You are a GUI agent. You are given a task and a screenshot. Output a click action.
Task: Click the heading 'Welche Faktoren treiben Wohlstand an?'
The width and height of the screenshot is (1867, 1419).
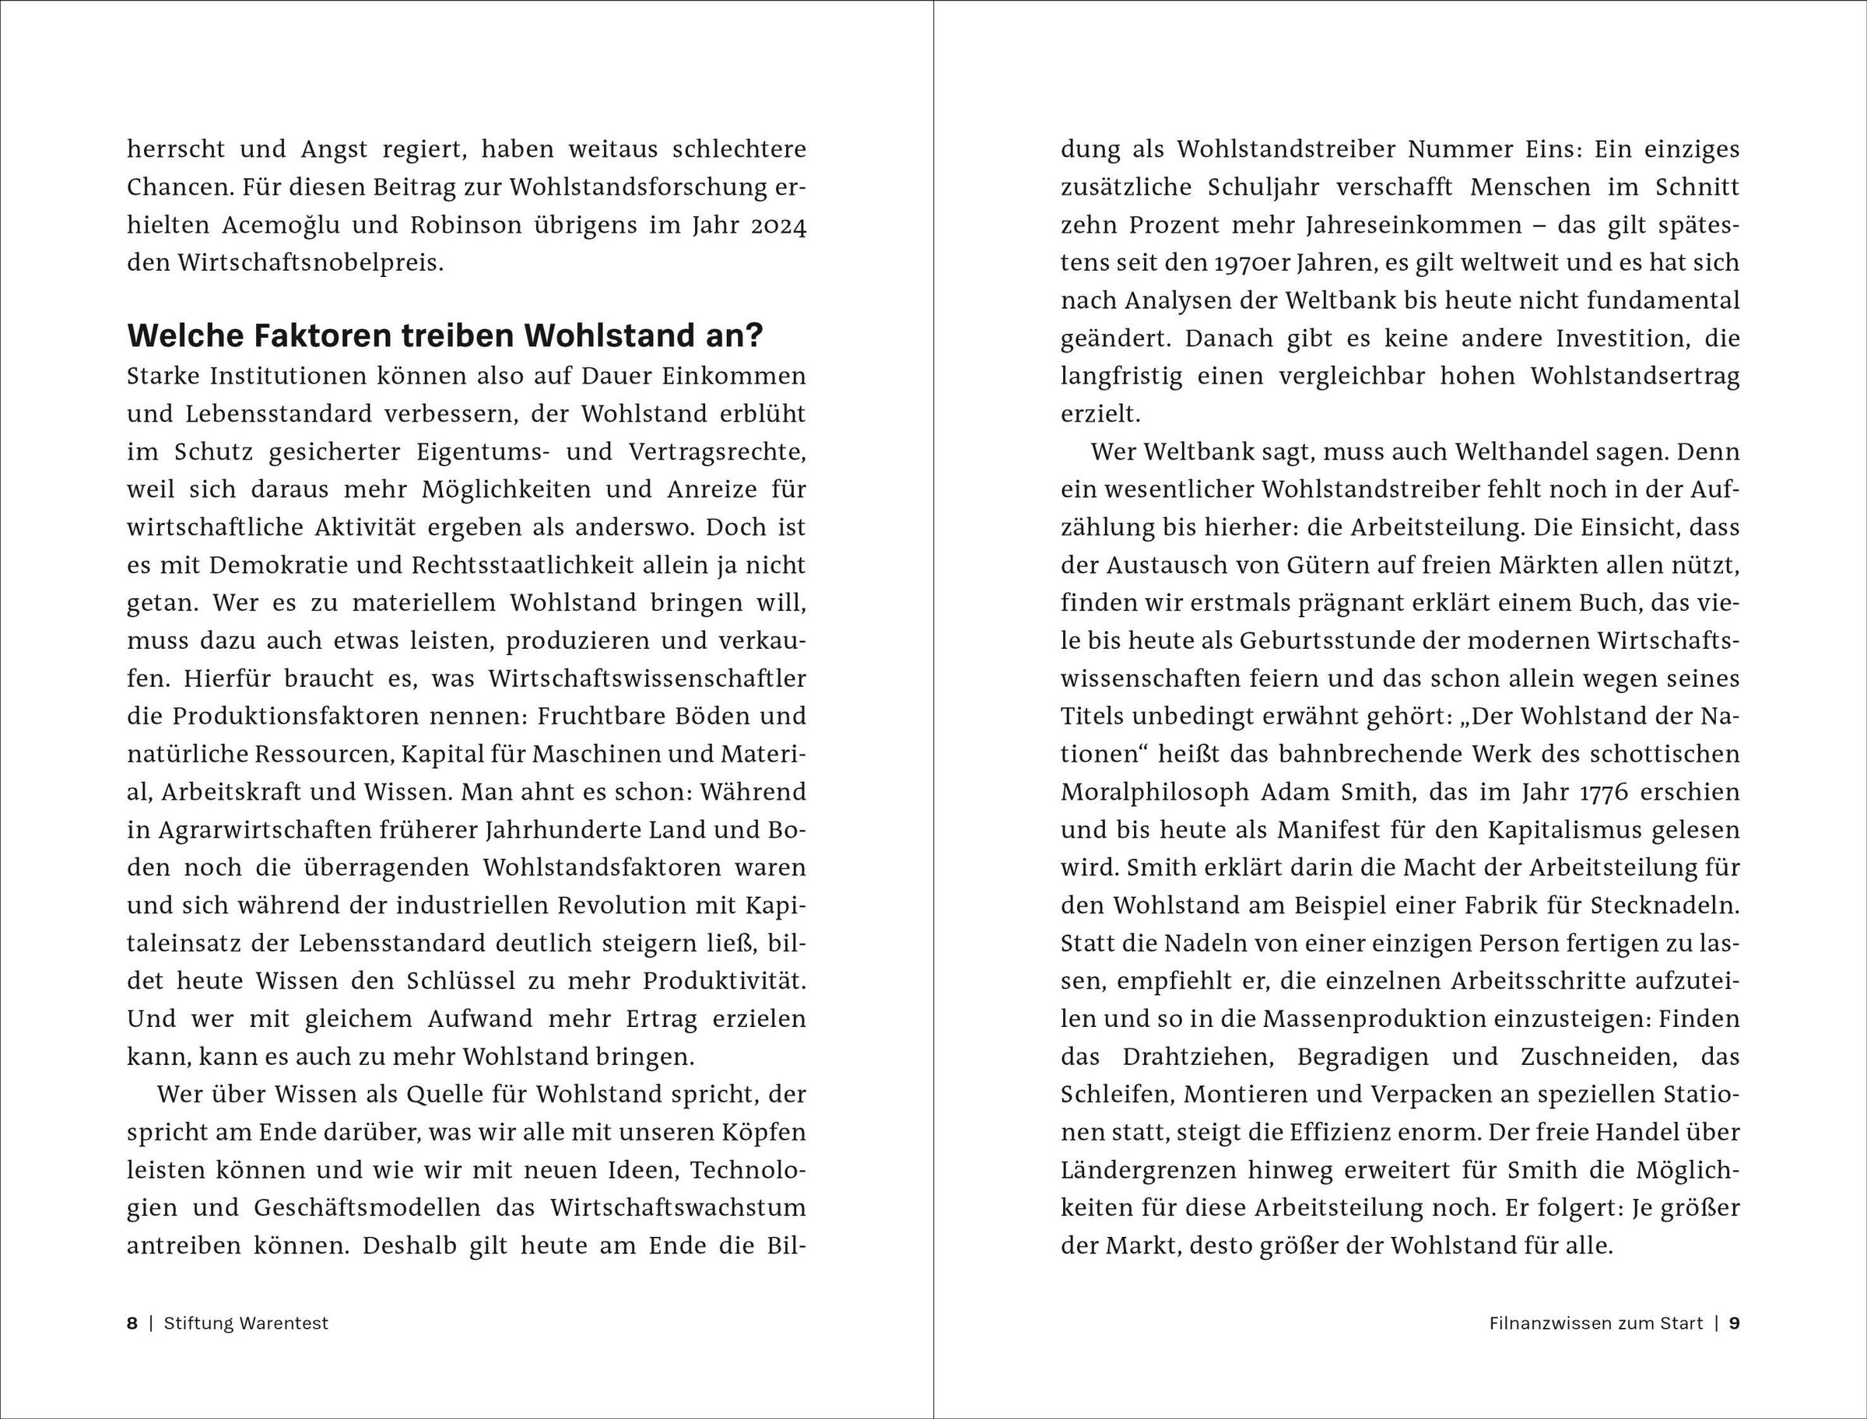coord(444,336)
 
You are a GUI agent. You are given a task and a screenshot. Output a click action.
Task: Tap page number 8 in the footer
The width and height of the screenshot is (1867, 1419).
coord(132,1323)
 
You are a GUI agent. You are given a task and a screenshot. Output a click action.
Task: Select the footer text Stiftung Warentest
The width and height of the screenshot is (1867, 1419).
coord(246,1323)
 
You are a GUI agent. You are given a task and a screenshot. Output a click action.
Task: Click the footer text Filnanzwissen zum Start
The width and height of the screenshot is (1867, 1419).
coord(1596,1323)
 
